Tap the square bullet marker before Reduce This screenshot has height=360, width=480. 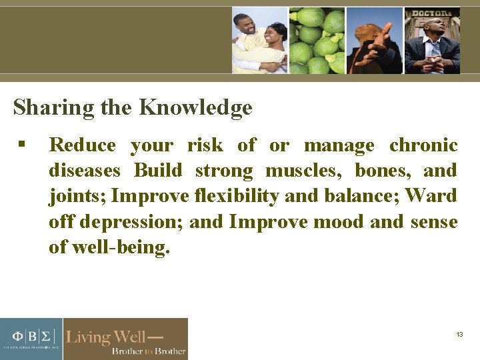[x=22, y=145]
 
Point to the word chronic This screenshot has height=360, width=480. [x=423, y=145]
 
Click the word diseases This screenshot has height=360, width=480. [x=85, y=171]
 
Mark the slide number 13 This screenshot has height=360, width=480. [x=459, y=334]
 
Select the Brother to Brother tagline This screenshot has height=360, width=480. [x=148, y=351]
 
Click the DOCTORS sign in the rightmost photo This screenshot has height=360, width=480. [x=431, y=13]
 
